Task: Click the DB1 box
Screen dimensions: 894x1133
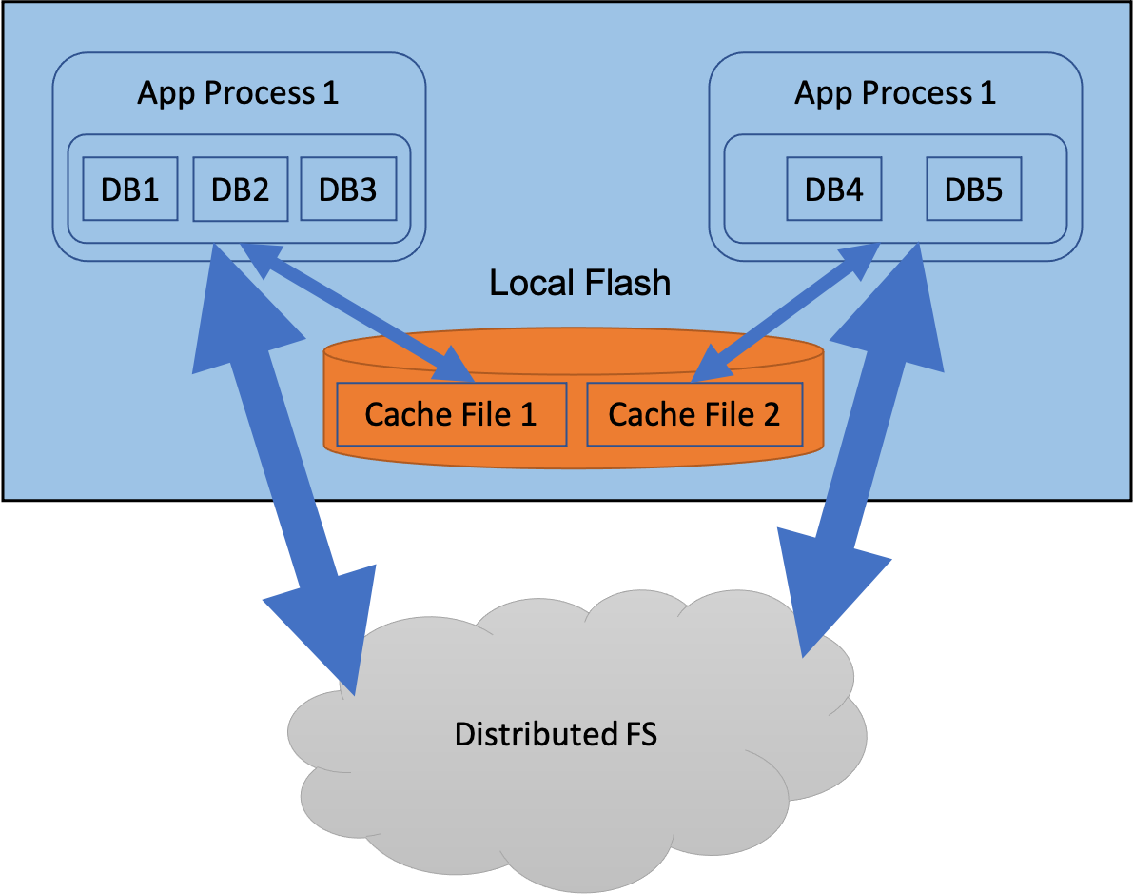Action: pos(130,189)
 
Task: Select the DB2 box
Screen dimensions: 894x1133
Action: pos(240,189)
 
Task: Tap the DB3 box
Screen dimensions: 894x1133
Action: pos(347,189)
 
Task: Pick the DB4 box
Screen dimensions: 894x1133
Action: pos(833,189)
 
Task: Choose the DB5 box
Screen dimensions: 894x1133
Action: pos(973,189)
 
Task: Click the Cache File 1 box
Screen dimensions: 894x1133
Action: pos(451,414)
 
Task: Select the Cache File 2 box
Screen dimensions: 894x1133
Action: pos(693,414)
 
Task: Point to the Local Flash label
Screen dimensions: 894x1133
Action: pos(579,283)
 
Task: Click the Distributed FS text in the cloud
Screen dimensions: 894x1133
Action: pos(556,734)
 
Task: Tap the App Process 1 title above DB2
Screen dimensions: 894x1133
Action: pos(238,92)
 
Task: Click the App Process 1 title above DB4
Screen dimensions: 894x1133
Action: pos(895,92)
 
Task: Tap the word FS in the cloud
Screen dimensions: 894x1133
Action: pos(637,734)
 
